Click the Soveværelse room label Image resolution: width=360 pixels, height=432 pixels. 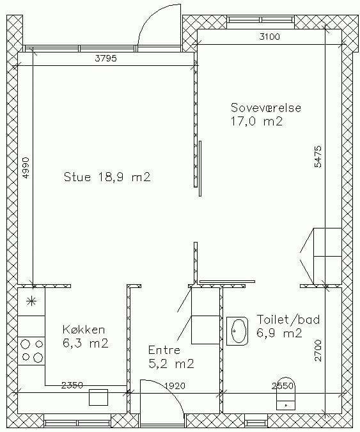click(266, 108)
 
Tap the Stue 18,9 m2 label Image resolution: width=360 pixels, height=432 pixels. click(107, 177)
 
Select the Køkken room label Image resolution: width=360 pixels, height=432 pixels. click(84, 330)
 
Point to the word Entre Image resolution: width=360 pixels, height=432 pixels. click(164, 350)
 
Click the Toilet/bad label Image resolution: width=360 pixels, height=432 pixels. click(288, 319)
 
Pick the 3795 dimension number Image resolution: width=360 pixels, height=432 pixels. click(106, 58)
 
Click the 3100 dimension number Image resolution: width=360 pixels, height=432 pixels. click(269, 36)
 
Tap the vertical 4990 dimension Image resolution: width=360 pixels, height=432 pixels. click(25, 168)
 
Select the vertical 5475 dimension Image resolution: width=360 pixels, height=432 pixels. click(317, 157)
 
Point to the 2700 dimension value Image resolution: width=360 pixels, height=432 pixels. click(317, 351)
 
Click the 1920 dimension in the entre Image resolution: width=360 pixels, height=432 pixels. click(175, 386)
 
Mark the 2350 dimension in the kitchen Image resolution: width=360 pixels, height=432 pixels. click(72, 385)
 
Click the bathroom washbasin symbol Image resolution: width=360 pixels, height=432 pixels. click(237, 331)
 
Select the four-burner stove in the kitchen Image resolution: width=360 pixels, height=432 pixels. click(31, 351)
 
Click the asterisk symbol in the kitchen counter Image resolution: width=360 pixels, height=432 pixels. click(31, 302)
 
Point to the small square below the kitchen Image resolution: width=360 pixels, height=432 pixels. click(98, 397)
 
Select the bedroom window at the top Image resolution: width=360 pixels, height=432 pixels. click(261, 20)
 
